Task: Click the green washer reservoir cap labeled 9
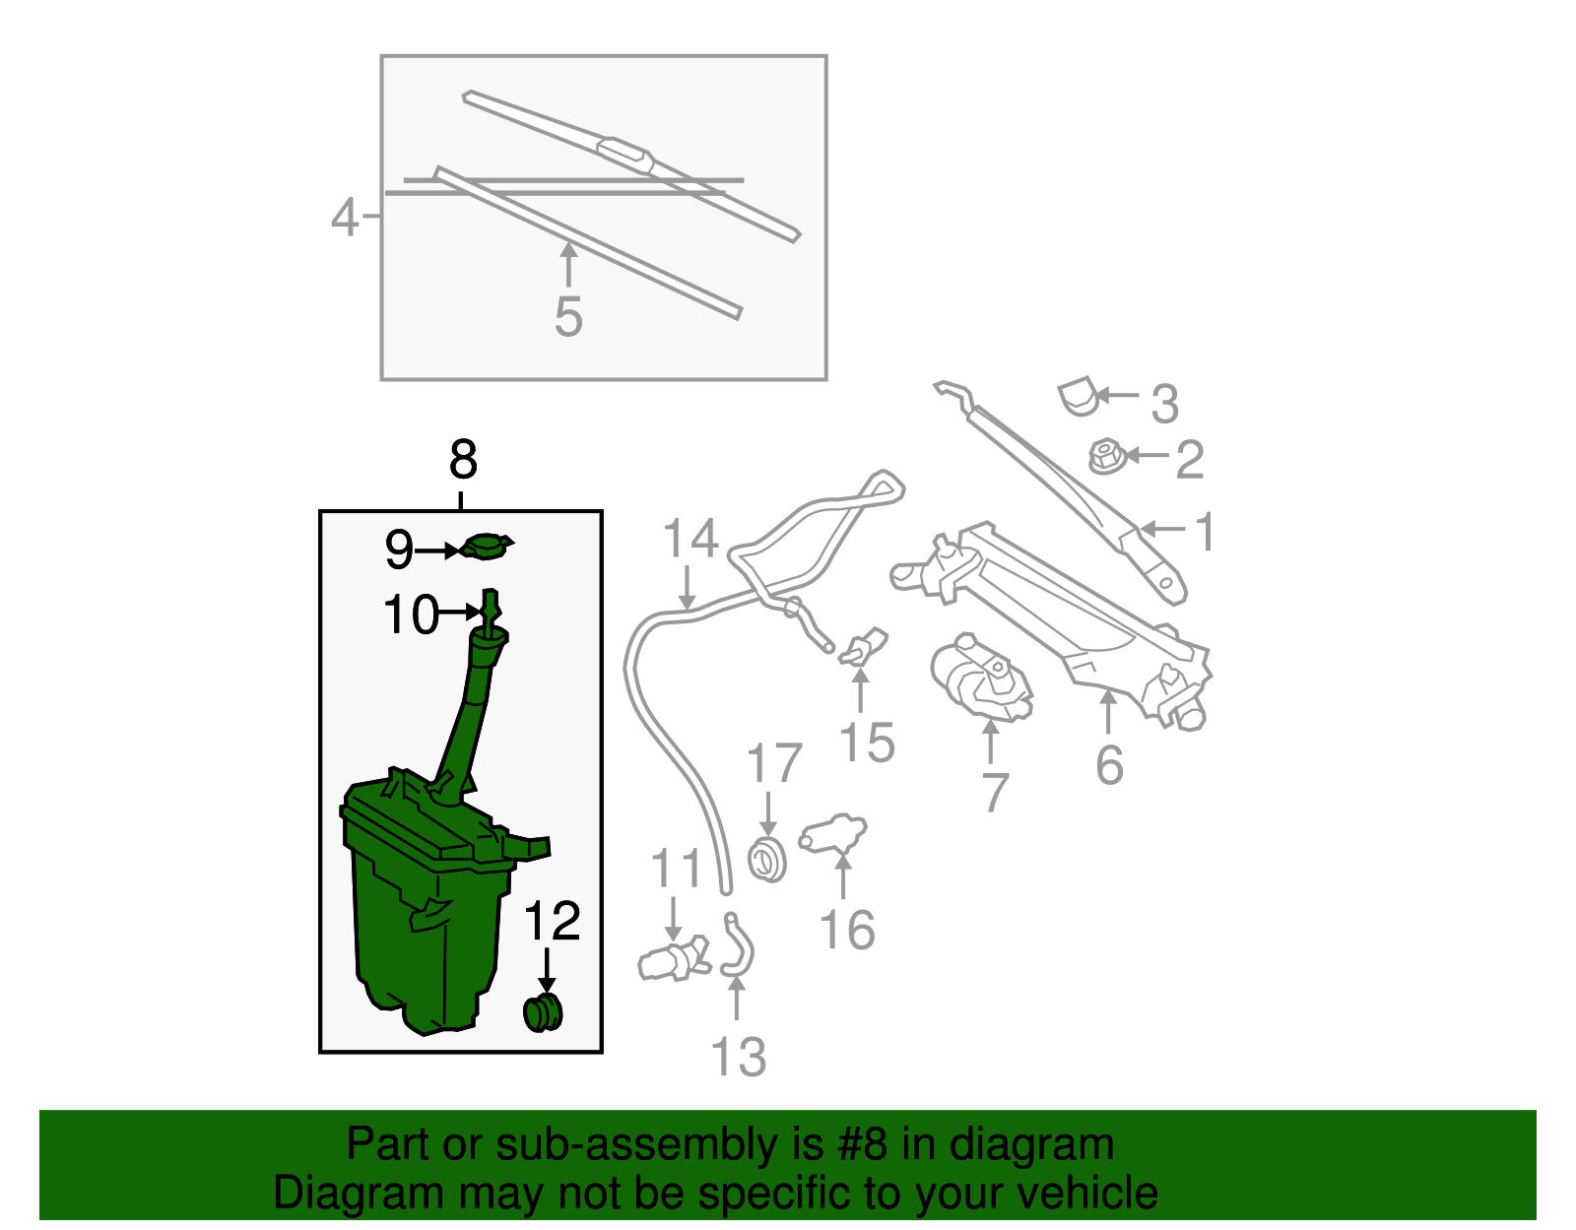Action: pos(486,547)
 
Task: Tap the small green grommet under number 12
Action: pos(543,1013)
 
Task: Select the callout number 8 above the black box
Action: pos(464,459)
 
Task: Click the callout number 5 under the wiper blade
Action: pos(568,317)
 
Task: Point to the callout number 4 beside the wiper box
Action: pos(345,217)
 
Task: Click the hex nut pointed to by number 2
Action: pos(1107,456)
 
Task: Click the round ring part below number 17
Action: pos(767,861)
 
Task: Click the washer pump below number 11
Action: pos(674,959)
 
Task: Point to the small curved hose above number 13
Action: pos(738,945)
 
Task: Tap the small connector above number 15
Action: pos(863,647)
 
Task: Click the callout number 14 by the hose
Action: pos(690,539)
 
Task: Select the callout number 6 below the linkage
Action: pos(1110,764)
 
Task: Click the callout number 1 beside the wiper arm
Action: pos(1204,531)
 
